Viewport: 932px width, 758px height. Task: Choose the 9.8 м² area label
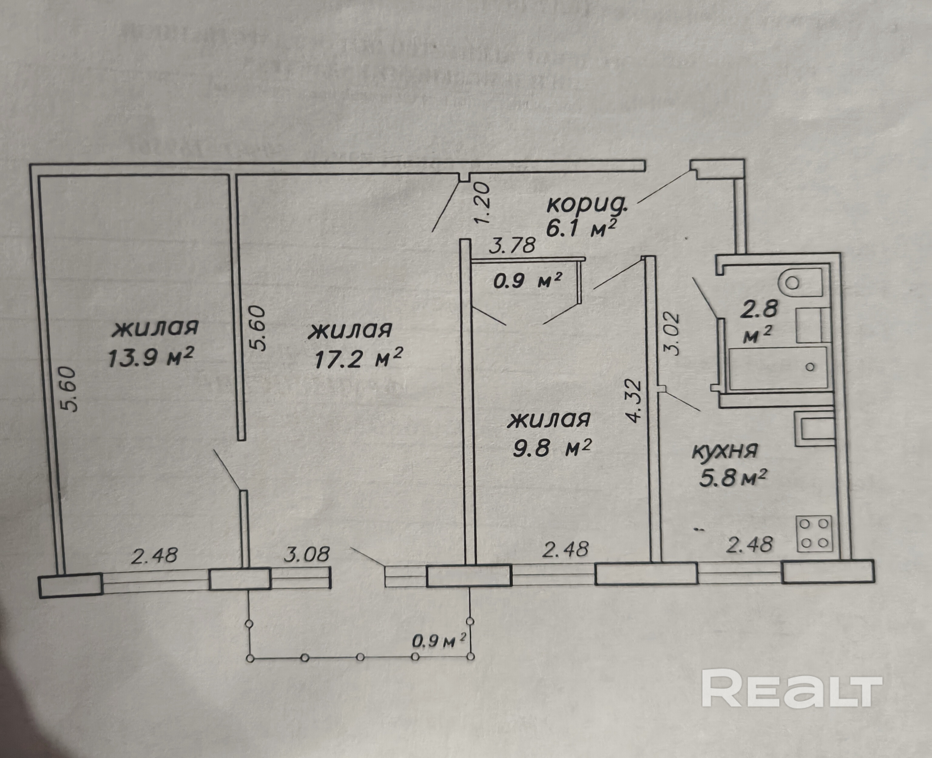pyautogui.click(x=551, y=448)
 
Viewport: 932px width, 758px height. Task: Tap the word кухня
pyautogui.click(x=725, y=451)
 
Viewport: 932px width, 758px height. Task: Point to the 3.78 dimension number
pyautogui.click(x=512, y=245)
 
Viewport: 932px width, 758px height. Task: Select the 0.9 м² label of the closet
pyautogui.click(x=527, y=281)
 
